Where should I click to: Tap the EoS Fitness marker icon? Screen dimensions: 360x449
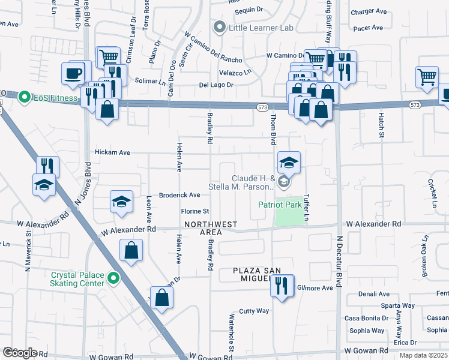(x=24, y=97)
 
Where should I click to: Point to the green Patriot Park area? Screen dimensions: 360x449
(x=289, y=218)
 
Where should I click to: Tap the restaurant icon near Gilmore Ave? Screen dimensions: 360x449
(x=282, y=286)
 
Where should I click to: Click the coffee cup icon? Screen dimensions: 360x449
(x=73, y=73)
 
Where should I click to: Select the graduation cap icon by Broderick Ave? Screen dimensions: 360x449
(x=121, y=202)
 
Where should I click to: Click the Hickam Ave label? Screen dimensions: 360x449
(x=112, y=153)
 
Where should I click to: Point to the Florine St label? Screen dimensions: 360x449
(x=195, y=211)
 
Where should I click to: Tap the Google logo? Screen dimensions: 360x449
(x=19, y=353)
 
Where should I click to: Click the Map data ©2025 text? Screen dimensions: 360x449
(x=423, y=355)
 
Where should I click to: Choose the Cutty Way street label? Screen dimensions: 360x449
(x=254, y=311)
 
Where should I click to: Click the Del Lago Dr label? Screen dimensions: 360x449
(x=215, y=85)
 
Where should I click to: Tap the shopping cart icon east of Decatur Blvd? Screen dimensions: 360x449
(x=426, y=76)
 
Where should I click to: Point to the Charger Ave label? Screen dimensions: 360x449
(x=369, y=11)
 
